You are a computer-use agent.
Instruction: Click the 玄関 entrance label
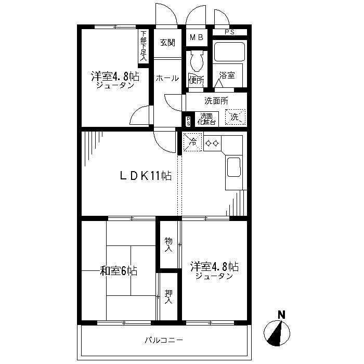pos(167,43)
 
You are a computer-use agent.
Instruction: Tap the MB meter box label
pos(197,37)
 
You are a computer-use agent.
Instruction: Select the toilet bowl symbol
pos(197,61)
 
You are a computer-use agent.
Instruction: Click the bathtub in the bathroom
pos(229,51)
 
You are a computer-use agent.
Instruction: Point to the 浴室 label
pos(227,75)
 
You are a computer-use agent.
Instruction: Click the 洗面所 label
pos(216,101)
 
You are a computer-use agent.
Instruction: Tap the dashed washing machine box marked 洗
pos(235,117)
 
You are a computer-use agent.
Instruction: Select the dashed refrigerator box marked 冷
pos(192,142)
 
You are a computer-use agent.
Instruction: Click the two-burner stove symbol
pos(212,144)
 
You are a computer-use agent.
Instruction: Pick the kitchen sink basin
pos(234,167)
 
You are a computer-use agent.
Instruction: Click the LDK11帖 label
pos(146,176)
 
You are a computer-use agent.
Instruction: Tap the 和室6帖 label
pos(119,271)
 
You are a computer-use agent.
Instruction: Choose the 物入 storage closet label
pos(168,245)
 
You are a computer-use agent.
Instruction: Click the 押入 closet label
pos(168,297)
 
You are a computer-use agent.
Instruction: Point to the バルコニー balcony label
pos(164,340)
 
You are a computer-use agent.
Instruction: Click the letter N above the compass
pos(282,315)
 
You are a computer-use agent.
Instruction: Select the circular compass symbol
pos(277,333)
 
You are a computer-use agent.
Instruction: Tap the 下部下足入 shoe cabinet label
pos(144,46)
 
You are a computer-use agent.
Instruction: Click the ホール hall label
pos(167,78)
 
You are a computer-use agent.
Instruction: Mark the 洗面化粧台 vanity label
pos(206,119)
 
